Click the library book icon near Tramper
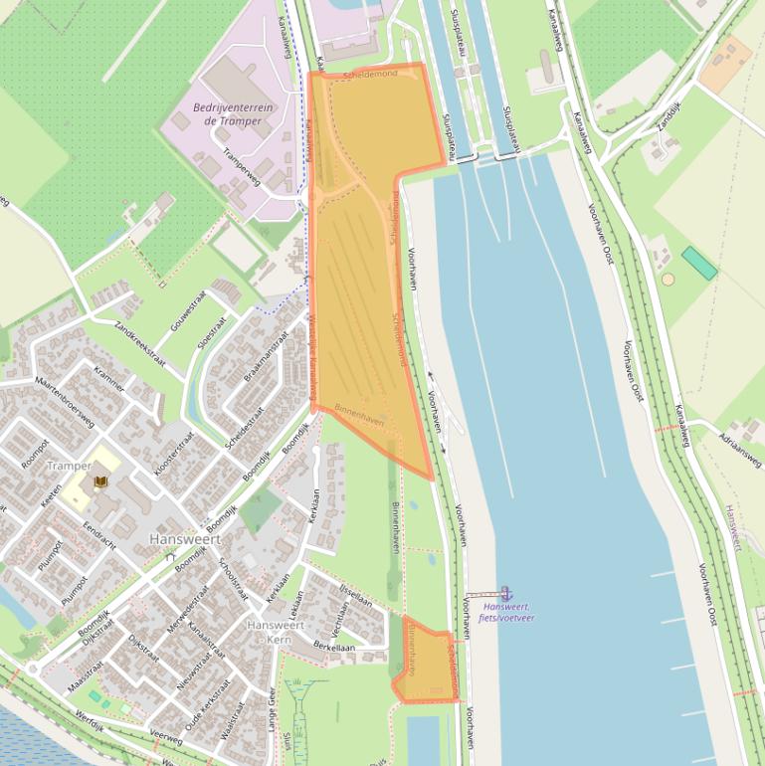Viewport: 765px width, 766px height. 99,482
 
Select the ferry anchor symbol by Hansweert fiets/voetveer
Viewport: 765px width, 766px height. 505,593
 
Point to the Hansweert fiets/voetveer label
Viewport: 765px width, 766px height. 505,612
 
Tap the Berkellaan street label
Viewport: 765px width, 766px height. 333,647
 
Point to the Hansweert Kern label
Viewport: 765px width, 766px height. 275,632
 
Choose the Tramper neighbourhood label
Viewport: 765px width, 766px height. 70,466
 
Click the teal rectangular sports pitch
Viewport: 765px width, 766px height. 699,264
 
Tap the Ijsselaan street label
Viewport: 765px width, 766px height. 355,598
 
